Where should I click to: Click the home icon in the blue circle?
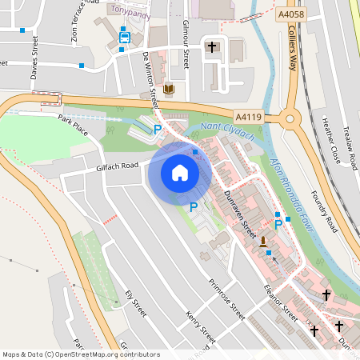click(x=180, y=172)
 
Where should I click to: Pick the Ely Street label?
click(x=135, y=303)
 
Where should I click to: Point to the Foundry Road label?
click(x=324, y=210)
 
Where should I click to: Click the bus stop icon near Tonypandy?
click(x=125, y=36)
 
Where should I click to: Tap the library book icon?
click(x=168, y=89)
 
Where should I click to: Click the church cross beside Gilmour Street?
click(x=212, y=47)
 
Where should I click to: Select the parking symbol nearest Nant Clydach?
click(x=158, y=128)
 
